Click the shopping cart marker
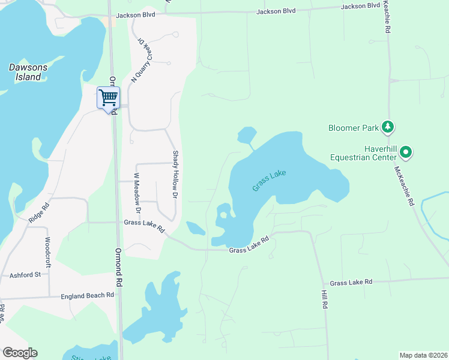pyautogui.click(x=108, y=98)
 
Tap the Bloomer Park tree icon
pyautogui.click(x=388, y=127)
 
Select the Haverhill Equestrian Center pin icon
pyautogui.click(x=406, y=152)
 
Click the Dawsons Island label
pyautogui.click(x=25, y=72)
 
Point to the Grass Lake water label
pyautogui.click(x=269, y=181)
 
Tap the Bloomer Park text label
pyautogui.click(x=354, y=127)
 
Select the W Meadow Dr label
pyautogui.click(x=137, y=193)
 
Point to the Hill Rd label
pyautogui.click(x=324, y=298)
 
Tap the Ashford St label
pyautogui.click(x=25, y=275)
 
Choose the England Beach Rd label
pyautogui.click(x=87, y=295)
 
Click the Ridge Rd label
pyautogui.click(x=37, y=212)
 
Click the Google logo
pyautogui.click(x=20, y=353)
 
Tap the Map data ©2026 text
pyautogui.click(x=423, y=355)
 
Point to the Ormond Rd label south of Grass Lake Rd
pyautogui.click(x=119, y=266)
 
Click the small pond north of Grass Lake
pyautogui.click(x=246, y=136)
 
